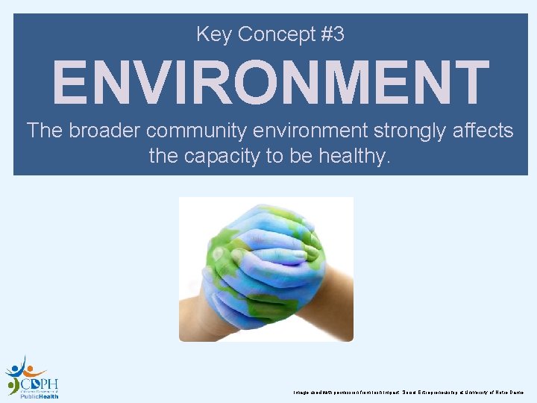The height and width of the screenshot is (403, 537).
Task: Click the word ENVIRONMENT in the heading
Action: (270, 82)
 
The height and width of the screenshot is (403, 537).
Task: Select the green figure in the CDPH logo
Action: (13, 386)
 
